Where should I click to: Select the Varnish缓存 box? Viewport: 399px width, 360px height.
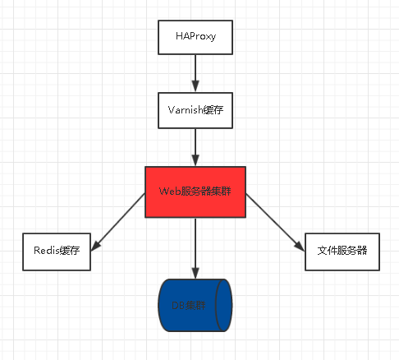(195, 110)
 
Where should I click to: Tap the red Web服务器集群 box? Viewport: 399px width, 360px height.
(195, 192)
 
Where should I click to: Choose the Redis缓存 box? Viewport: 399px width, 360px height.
(57, 252)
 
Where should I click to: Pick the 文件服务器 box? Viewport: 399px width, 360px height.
(342, 252)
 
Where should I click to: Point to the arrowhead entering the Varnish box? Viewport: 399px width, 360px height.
(195, 86)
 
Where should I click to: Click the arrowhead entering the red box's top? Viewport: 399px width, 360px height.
(195, 161)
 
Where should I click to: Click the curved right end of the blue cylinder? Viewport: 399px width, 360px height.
(227, 305)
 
